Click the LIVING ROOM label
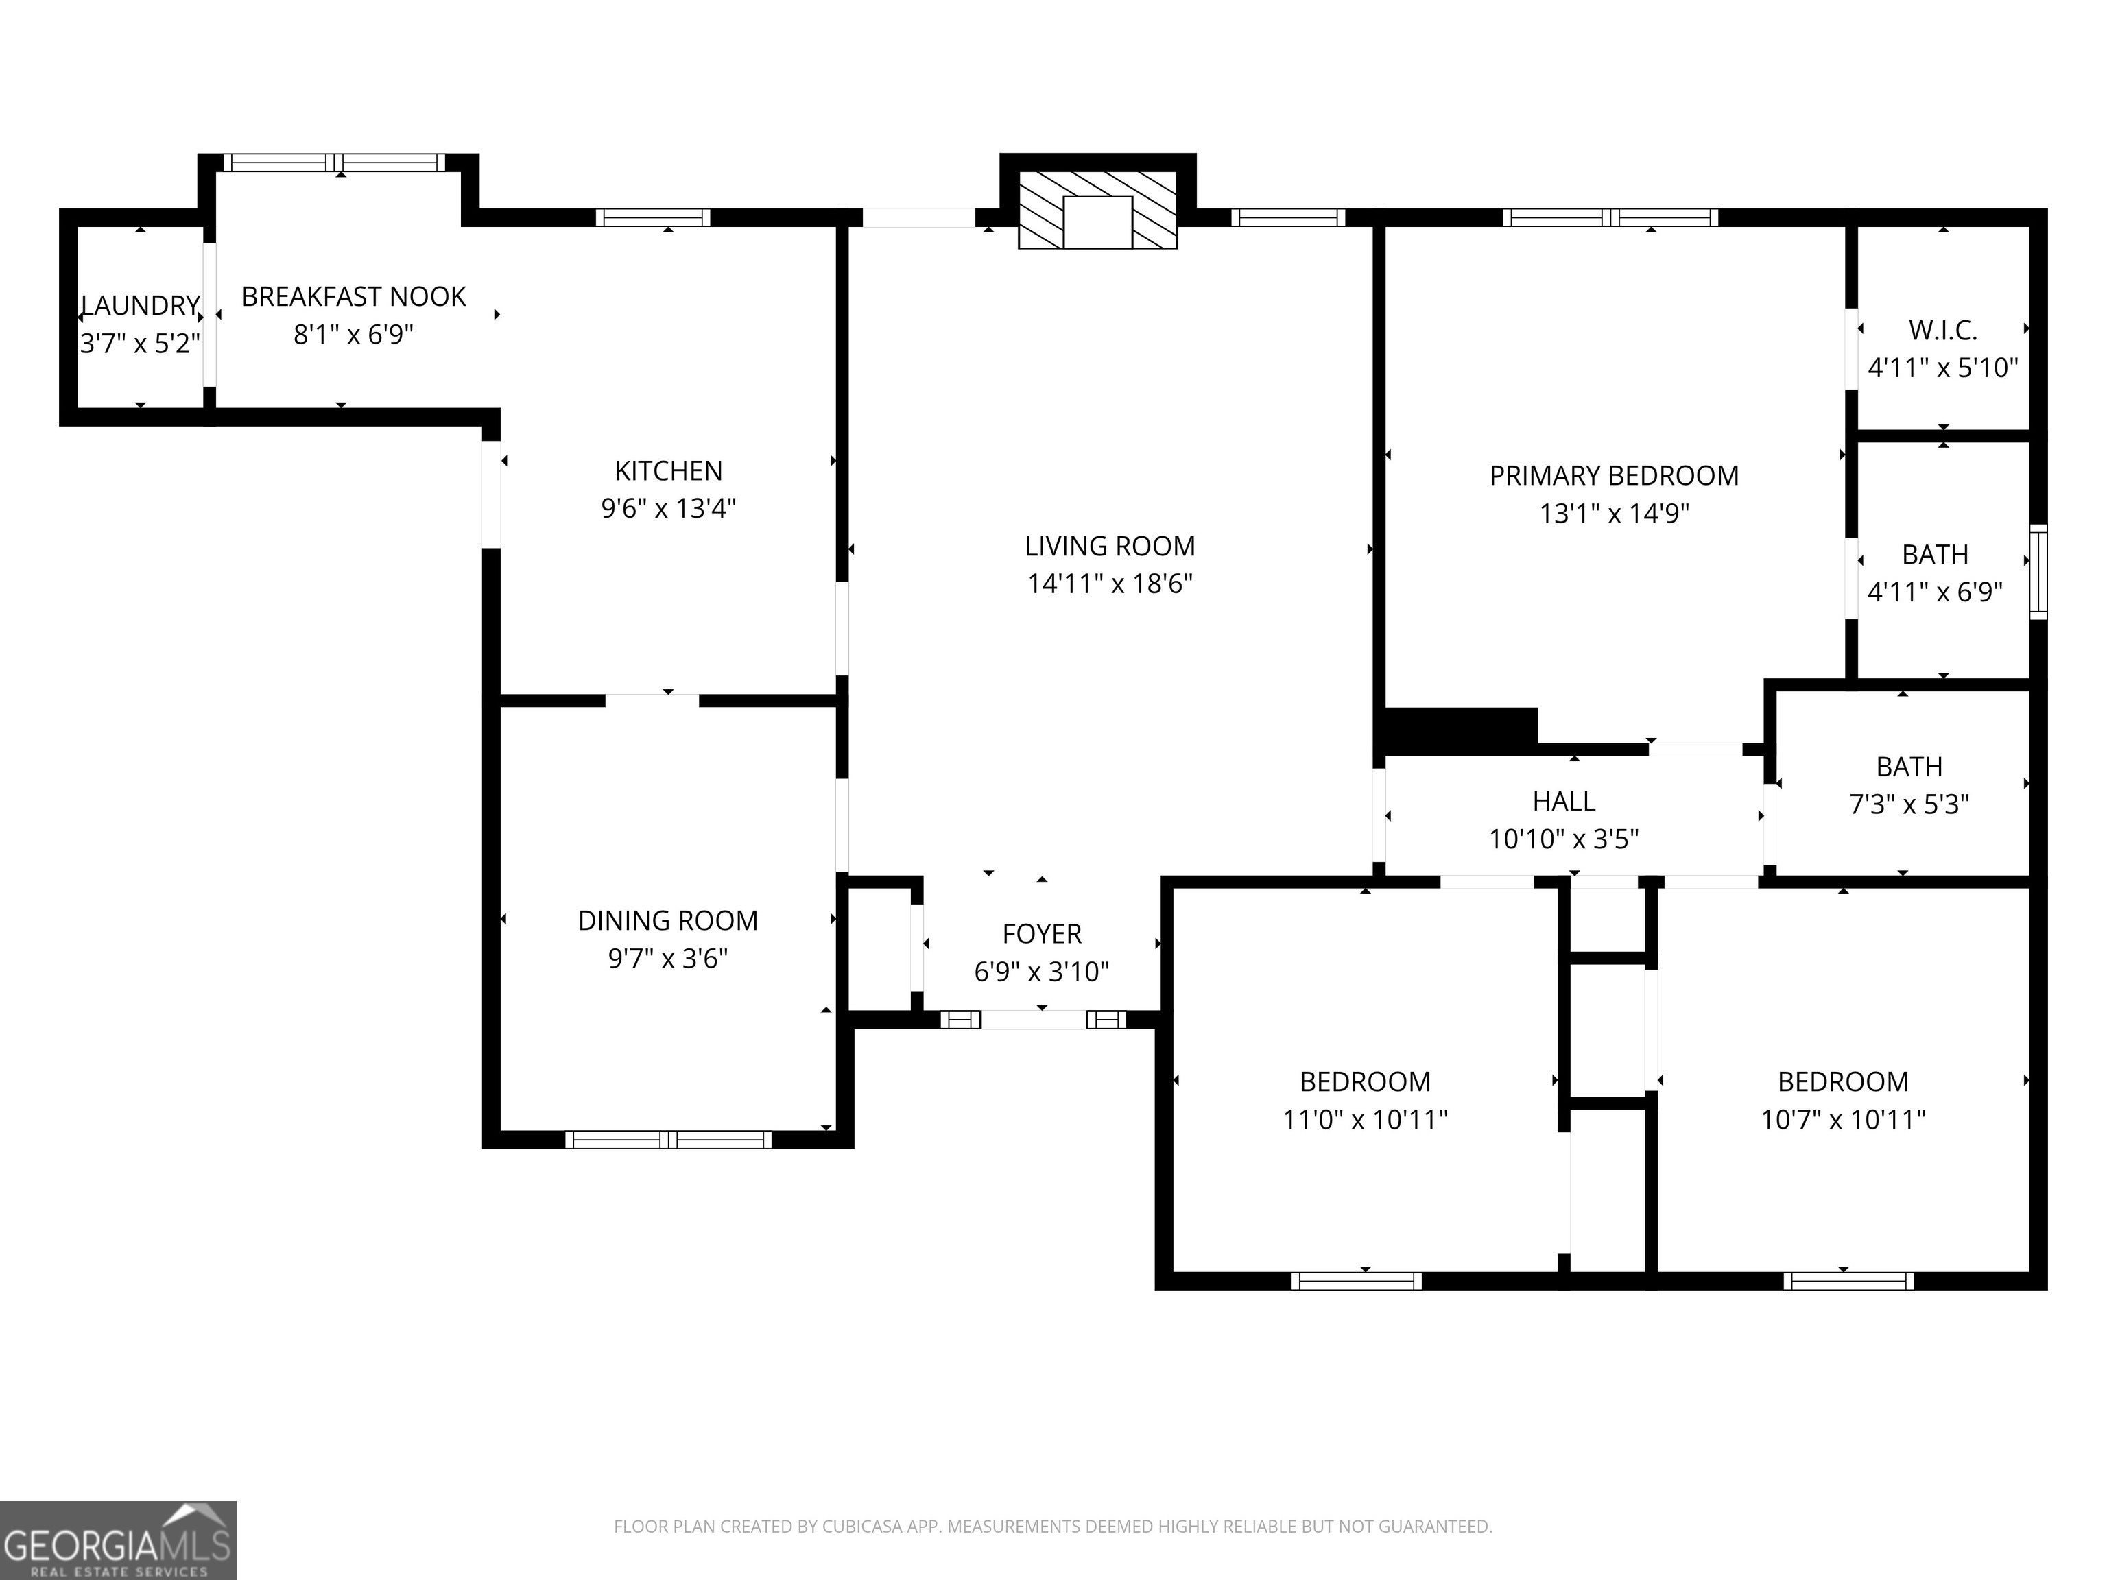1110,546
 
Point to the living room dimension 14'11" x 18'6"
1110,583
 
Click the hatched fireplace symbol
1097,211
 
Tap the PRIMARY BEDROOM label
1614,475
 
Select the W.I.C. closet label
1943,331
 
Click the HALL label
1564,801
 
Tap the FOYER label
1041,933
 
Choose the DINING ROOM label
668,920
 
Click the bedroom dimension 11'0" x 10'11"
1365,1119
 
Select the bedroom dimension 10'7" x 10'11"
1843,1119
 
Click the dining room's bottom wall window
668,1139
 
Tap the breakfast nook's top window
334,162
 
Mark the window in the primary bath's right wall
2038,571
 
